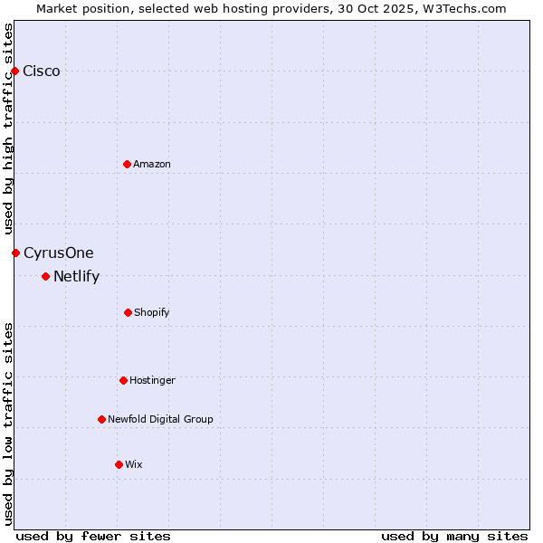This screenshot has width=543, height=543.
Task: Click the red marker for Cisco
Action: tap(14, 71)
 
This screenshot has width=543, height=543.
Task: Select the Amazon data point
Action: tap(127, 164)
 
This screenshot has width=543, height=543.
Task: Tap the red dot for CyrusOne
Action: tap(15, 252)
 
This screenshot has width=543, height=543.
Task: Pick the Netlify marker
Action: tap(45, 276)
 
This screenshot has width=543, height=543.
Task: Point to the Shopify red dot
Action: tap(128, 312)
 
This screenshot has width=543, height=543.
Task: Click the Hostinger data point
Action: tap(123, 380)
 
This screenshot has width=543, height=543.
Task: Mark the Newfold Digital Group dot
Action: tap(101, 419)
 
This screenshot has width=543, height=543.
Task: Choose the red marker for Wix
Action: tap(119, 464)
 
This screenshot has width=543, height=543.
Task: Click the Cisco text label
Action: tap(42, 71)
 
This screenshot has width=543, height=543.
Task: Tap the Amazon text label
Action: tap(152, 164)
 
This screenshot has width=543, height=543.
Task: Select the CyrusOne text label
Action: tap(59, 253)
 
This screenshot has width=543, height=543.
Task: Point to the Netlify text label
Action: tap(76, 277)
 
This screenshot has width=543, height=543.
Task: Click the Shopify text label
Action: tap(152, 312)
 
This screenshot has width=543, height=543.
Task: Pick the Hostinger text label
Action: tap(152, 380)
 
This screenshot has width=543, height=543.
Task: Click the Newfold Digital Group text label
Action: tap(160, 419)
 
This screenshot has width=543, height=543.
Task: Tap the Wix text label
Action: tap(134, 464)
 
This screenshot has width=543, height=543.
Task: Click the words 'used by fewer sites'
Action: tap(93, 536)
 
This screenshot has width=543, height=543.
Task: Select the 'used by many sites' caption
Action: tap(454, 536)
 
